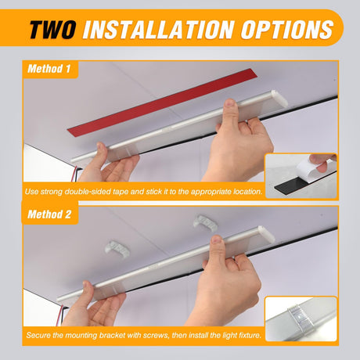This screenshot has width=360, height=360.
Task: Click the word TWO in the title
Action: click(x=52, y=29)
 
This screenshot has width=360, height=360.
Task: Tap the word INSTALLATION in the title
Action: click(x=159, y=29)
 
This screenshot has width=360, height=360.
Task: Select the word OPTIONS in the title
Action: click(x=287, y=29)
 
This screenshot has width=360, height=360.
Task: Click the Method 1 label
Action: click(x=49, y=69)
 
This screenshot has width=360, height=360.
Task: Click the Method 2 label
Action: click(x=49, y=214)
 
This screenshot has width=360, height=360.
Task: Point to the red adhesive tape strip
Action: click(x=162, y=102)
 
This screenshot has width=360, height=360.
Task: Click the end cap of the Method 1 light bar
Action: click(x=279, y=99)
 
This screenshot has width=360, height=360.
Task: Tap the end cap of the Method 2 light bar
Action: click(x=266, y=233)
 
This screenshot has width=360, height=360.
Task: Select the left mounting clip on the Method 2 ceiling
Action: click(x=117, y=248)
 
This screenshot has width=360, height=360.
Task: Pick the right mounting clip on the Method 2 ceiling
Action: click(x=205, y=223)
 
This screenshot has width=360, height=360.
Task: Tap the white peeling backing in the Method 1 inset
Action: click(x=311, y=168)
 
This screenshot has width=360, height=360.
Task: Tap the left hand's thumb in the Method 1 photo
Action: click(x=101, y=150)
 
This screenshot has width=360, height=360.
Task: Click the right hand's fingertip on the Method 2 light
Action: click(x=216, y=240)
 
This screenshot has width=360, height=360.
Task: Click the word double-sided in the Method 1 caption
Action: click(x=88, y=192)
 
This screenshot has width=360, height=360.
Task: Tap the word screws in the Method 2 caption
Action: click(x=157, y=335)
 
